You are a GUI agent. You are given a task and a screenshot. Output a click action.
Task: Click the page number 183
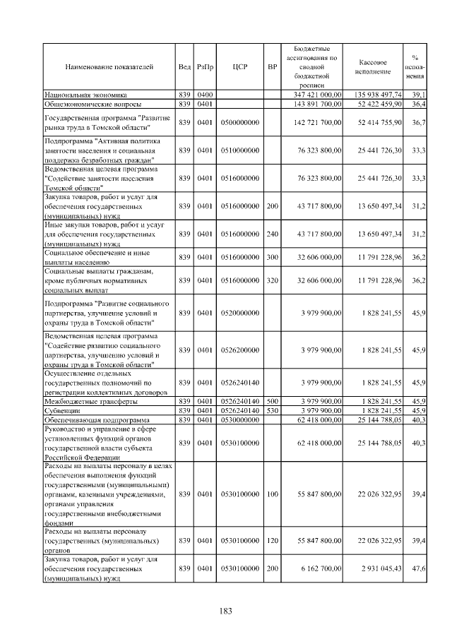click(x=226, y=611)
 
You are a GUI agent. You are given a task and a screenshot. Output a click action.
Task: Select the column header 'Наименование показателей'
click(x=109, y=67)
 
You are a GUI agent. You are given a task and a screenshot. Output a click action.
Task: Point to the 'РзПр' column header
click(x=205, y=67)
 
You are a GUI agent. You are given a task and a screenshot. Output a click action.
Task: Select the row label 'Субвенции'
click(x=62, y=410)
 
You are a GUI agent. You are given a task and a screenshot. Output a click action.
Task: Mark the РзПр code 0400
click(x=205, y=94)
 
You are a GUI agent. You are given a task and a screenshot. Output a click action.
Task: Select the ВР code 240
click(x=272, y=233)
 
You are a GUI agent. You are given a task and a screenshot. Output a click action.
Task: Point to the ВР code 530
click(x=272, y=410)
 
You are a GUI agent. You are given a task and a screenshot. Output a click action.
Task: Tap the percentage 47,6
click(x=417, y=568)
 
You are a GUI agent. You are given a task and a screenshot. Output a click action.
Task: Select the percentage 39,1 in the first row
click(x=417, y=94)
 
